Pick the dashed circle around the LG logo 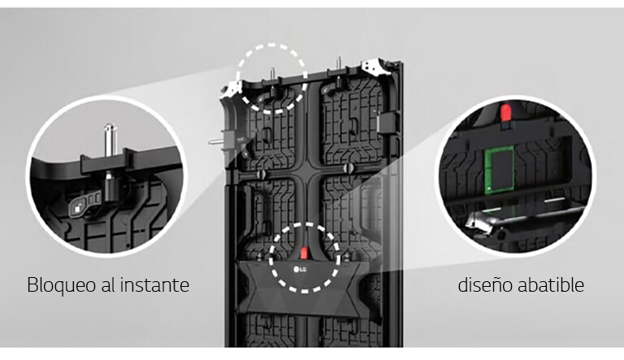point(305,258)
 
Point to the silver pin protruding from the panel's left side point(216,141)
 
